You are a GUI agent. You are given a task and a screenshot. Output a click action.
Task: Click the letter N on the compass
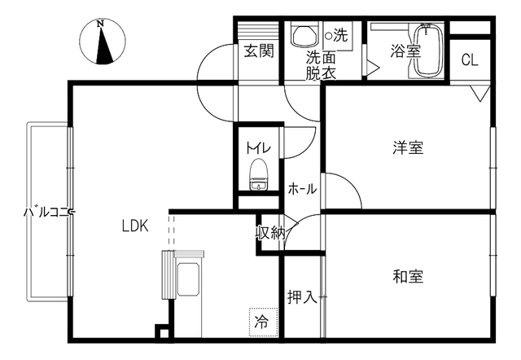point(100,24)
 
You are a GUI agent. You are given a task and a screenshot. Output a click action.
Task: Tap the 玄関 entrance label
point(259,51)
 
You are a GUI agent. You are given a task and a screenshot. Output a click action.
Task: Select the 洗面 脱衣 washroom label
point(321,65)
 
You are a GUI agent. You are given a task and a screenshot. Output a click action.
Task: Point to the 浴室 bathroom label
point(405,51)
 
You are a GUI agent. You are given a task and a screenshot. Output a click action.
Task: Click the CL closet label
point(470,59)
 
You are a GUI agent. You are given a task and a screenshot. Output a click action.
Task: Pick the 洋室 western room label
point(408,147)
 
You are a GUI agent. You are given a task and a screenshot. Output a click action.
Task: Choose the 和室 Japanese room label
point(408,277)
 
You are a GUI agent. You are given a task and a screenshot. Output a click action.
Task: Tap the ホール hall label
point(302,189)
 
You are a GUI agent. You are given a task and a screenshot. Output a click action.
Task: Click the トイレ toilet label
point(259,148)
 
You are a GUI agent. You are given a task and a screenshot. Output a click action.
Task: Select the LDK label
point(135,226)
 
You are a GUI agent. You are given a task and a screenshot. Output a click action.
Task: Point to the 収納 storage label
point(270,233)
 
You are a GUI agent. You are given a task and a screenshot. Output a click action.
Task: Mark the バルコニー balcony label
point(50,212)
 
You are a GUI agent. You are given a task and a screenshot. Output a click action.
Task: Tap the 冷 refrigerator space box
point(264,322)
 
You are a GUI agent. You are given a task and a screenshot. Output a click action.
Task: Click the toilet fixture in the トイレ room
point(259,175)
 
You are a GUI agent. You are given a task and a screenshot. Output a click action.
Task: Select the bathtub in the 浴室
point(429,50)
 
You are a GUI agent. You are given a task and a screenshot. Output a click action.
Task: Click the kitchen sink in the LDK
point(188,279)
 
